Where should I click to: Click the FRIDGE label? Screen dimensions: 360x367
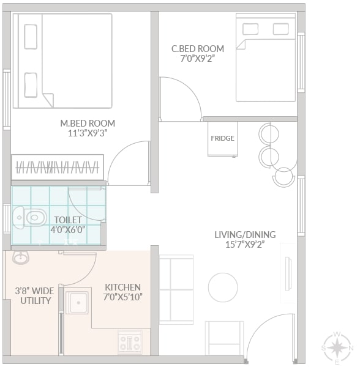pyautogui.click(x=222, y=138)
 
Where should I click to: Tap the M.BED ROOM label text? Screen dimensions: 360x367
pyautogui.click(x=88, y=124)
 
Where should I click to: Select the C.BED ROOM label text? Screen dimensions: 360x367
pyautogui.click(x=198, y=49)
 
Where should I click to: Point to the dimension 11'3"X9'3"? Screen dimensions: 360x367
pyautogui.click(x=88, y=133)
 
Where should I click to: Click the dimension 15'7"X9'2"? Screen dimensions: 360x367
pyautogui.click(x=245, y=244)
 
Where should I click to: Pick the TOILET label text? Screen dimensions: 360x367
pyautogui.click(x=68, y=220)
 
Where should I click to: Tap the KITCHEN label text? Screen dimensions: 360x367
pyautogui.click(x=122, y=287)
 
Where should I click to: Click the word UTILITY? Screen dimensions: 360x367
pyautogui.click(x=36, y=301)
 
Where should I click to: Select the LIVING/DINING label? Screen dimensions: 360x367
pyautogui.click(x=245, y=234)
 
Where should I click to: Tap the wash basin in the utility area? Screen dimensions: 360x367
pyautogui.click(x=21, y=258)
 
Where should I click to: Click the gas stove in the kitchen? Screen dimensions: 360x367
pyautogui.click(x=130, y=342)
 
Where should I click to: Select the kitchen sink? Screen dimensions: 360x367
pyautogui.click(x=77, y=303)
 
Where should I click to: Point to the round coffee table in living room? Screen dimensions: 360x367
pyautogui.click(x=223, y=287)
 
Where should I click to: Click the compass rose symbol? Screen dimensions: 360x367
pyautogui.click(x=337, y=348)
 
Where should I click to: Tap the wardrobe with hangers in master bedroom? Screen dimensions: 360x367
pyautogui.click(x=58, y=168)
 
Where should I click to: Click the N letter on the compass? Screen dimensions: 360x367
pyautogui.click(x=351, y=348)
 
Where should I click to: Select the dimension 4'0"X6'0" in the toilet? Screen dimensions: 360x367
pyautogui.click(x=68, y=229)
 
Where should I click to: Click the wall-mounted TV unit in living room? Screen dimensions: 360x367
pyautogui.click(x=288, y=273)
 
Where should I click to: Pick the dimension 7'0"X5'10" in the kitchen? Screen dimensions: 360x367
pyautogui.click(x=122, y=297)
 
